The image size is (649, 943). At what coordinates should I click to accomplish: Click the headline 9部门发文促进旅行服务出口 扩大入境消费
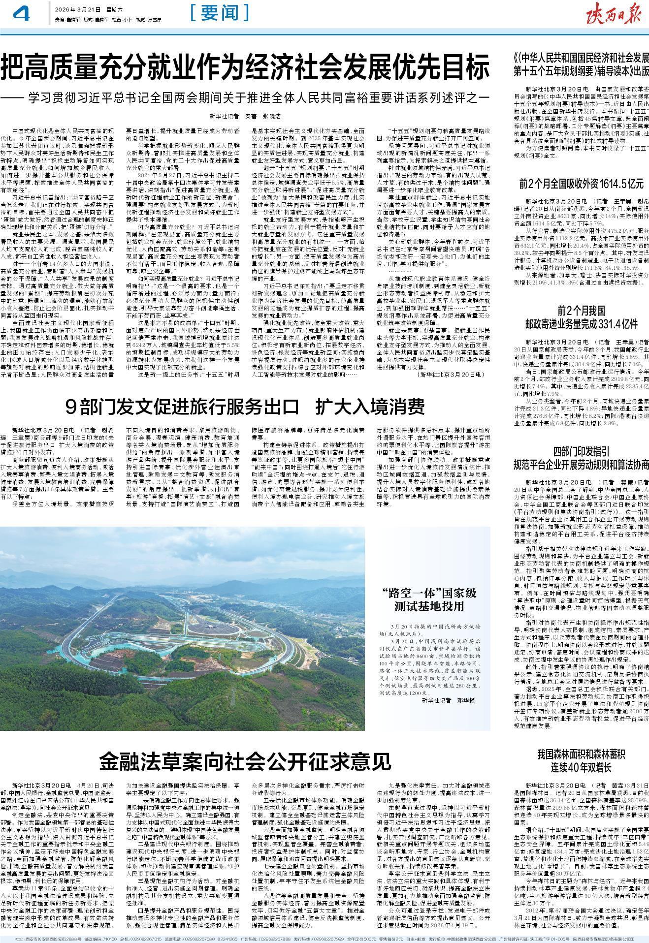[x=245, y=407]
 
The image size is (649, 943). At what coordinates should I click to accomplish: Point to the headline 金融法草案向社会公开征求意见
[x=245, y=762]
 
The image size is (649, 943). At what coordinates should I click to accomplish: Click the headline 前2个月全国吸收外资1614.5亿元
[x=581, y=184]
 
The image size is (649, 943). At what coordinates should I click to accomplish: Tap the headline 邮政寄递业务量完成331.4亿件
[x=581, y=324]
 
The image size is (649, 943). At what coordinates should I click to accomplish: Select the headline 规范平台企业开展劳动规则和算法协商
[x=581, y=464]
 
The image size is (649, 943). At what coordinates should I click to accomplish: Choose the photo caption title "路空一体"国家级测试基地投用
[x=426, y=598]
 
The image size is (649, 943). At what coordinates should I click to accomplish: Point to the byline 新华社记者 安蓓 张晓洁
[x=245, y=116]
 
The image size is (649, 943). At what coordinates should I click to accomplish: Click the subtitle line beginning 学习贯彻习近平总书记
[x=256, y=97]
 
